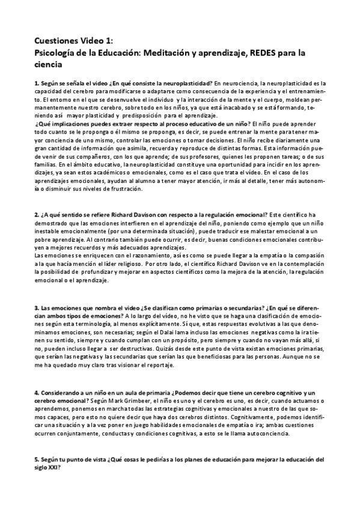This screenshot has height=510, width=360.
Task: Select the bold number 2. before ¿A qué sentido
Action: click(x=37, y=215)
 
